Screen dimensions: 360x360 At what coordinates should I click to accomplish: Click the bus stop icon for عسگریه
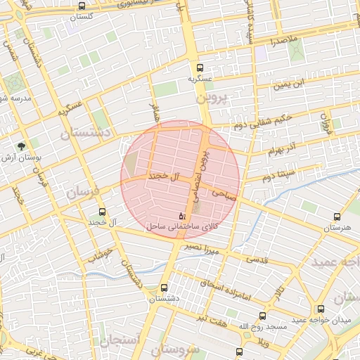[200, 68]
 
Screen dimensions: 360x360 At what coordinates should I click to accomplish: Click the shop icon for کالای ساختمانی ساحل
[183, 215]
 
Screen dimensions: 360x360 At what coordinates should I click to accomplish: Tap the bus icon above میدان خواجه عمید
[321, 309]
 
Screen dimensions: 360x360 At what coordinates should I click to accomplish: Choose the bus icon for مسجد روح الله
[262, 316]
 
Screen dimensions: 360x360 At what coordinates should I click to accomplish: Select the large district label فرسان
[84, 191]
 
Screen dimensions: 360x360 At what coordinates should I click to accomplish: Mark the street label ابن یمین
[290, 85]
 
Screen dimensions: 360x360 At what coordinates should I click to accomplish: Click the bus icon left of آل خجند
[103, 211]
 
